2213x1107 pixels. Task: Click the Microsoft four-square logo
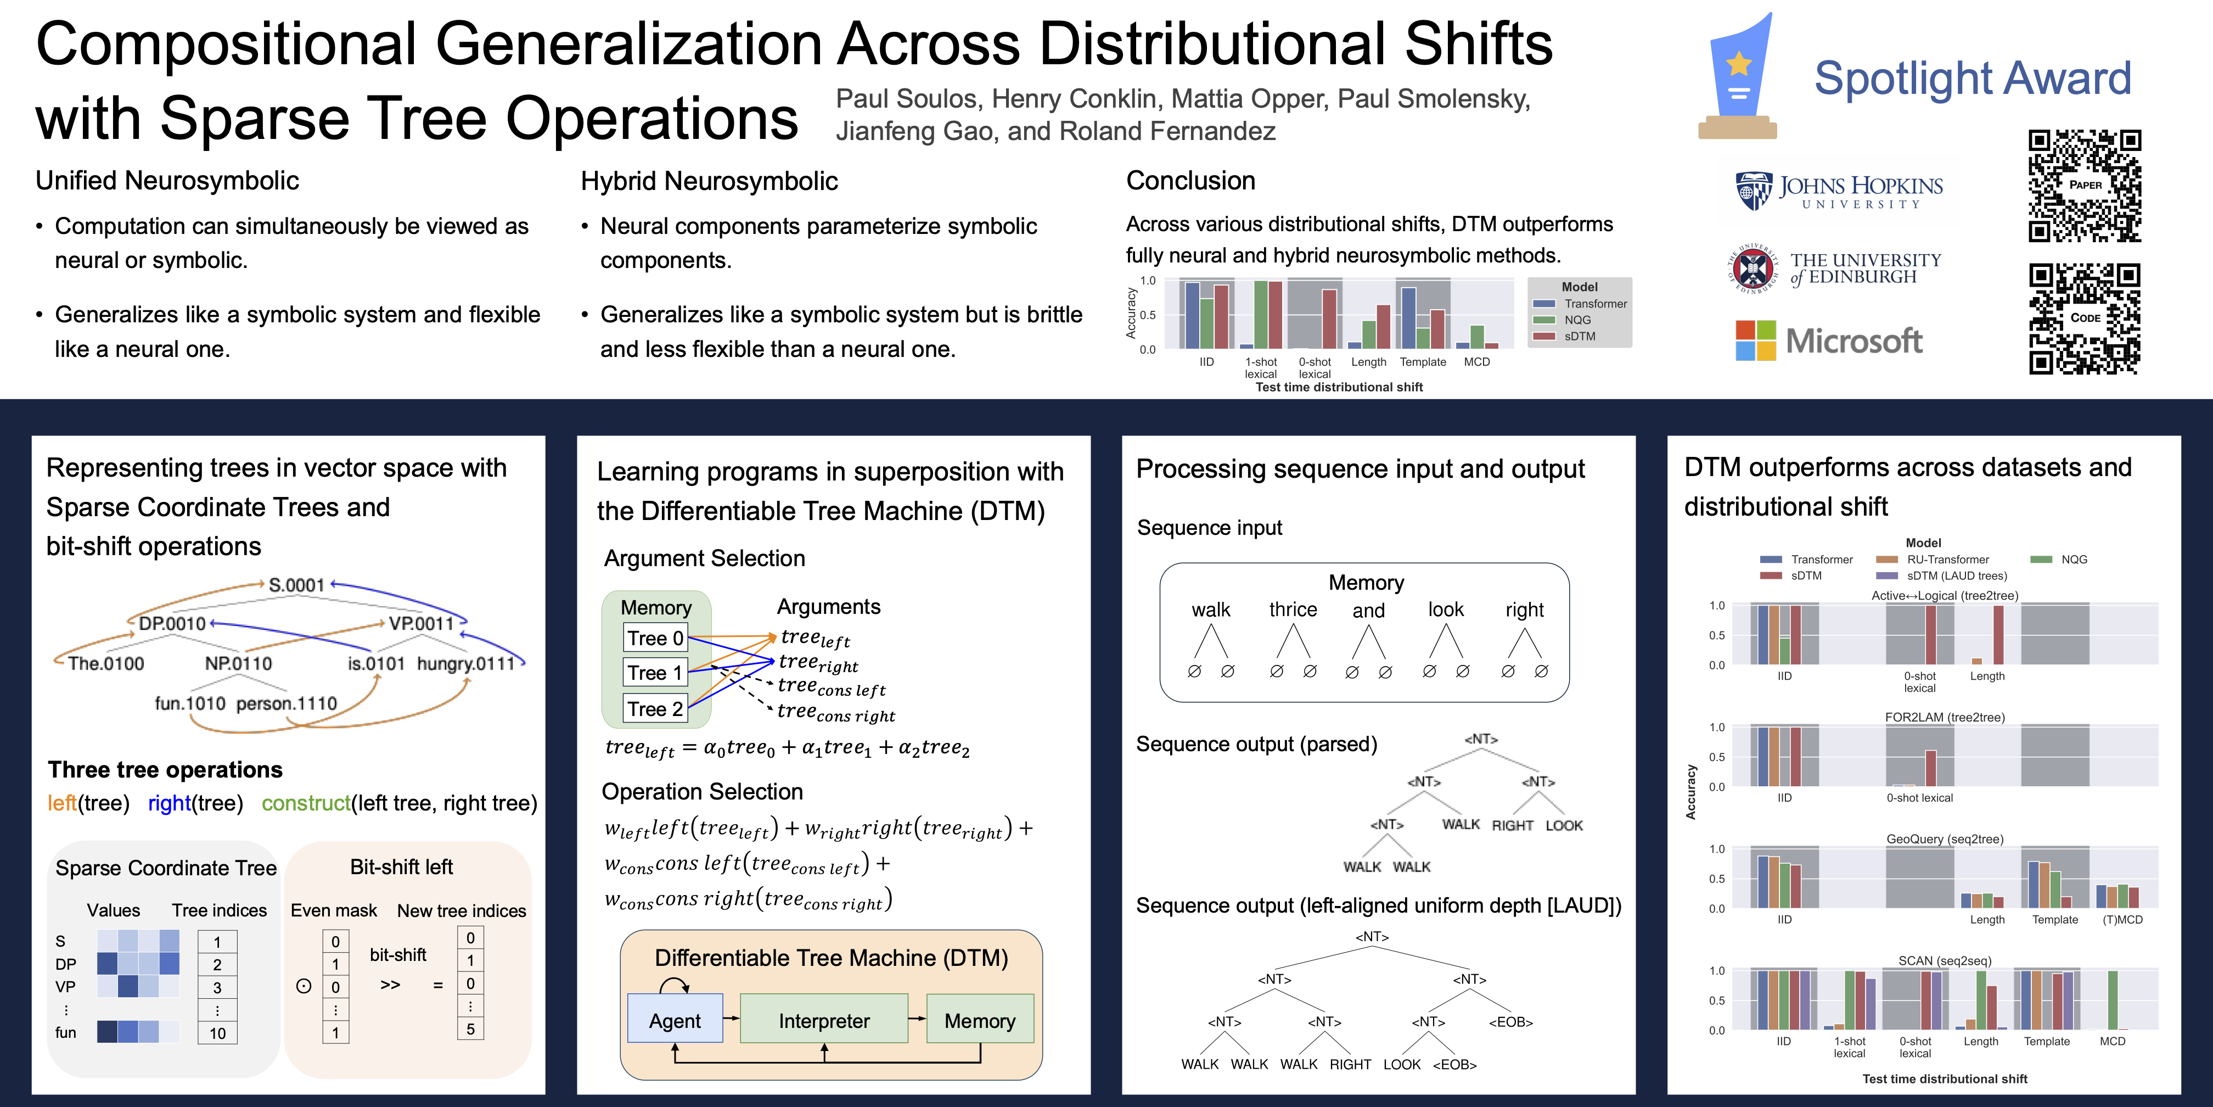[x=1755, y=340]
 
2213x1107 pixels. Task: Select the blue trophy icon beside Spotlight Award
[x=1737, y=76]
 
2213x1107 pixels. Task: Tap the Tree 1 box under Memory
[x=655, y=673]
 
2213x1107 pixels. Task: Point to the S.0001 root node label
[x=296, y=585]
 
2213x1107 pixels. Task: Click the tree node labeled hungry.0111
[x=465, y=663]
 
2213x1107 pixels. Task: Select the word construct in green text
[x=306, y=803]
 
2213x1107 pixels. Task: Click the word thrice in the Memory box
[x=1293, y=610]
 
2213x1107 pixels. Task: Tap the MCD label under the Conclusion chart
[x=1477, y=362]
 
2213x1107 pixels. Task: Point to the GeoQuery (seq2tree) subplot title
[x=1945, y=839]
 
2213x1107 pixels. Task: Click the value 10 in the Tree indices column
[x=217, y=1033]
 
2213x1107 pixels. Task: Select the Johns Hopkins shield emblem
[x=1754, y=191]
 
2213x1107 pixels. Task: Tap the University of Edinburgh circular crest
[x=1753, y=269]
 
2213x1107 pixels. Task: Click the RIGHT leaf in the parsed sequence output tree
[x=1513, y=825]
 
